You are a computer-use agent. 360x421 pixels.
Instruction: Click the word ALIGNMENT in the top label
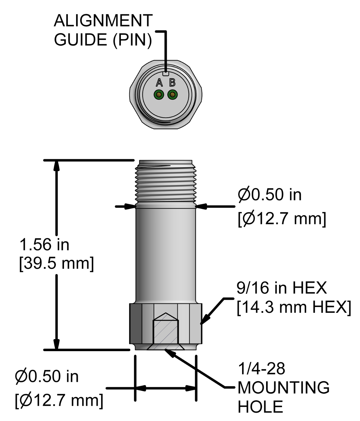[103, 20]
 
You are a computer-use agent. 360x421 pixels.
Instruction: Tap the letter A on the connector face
[159, 83]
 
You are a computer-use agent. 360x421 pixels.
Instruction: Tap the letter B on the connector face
[172, 83]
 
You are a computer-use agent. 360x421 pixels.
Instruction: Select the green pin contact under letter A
[159, 95]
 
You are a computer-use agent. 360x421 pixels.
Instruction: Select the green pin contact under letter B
[173, 95]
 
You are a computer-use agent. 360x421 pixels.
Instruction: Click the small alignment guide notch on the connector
[166, 73]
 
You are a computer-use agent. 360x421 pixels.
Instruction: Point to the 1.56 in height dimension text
[45, 245]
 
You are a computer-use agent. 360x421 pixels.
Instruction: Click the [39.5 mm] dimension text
[57, 263]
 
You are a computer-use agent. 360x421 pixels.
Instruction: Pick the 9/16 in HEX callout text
[282, 288]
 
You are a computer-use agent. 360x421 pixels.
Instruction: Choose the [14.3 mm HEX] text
[294, 307]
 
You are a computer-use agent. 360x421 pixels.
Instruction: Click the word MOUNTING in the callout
[283, 388]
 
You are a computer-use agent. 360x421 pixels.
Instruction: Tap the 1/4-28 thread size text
[262, 368]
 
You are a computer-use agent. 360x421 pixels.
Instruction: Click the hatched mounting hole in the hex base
[166, 332]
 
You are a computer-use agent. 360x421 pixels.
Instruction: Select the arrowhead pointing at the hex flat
[206, 318]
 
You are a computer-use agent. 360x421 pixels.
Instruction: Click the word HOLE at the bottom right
[260, 407]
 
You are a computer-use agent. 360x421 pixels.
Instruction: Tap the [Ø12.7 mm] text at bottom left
[59, 401]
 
